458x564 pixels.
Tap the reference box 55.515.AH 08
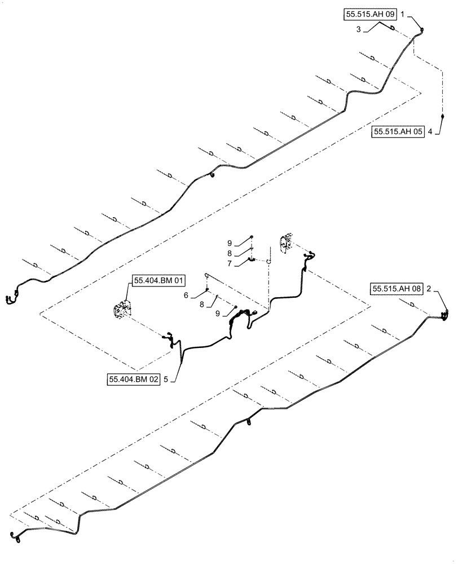click(x=397, y=289)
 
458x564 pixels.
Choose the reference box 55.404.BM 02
click(x=133, y=380)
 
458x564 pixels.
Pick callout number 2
click(x=429, y=289)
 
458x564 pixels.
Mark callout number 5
click(x=165, y=380)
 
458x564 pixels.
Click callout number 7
click(x=230, y=263)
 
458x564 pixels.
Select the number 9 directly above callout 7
click(x=230, y=243)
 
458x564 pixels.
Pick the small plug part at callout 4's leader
click(x=443, y=117)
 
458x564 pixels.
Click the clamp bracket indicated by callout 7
click(x=253, y=260)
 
